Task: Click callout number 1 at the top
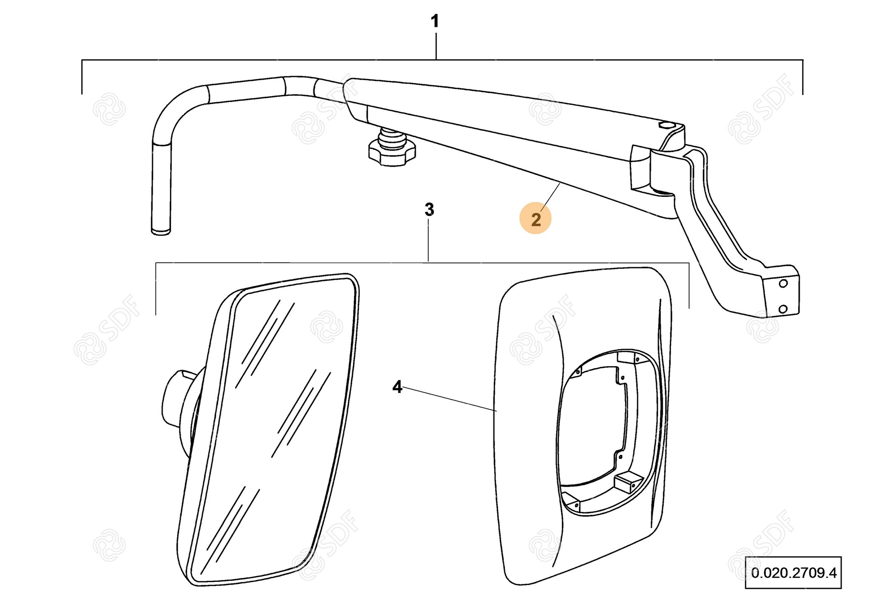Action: click(x=435, y=21)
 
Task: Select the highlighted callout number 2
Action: click(x=536, y=219)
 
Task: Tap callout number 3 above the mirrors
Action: click(x=429, y=210)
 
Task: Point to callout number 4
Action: click(x=397, y=387)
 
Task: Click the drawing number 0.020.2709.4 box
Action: click(x=793, y=572)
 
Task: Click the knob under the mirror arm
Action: click(x=392, y=151)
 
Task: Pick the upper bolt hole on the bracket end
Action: click(x=783, y=283)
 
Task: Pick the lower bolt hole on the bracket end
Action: click(x=783, y=309)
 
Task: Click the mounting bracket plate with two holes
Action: click(x=781, y=296)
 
